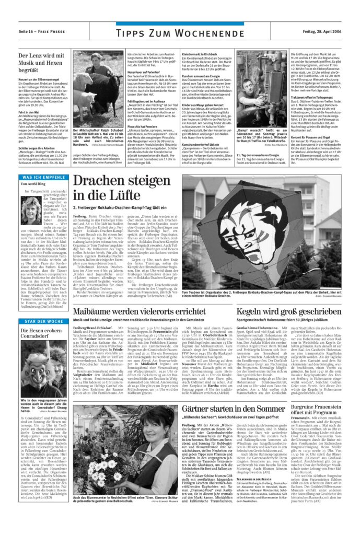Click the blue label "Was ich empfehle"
tap(41, 178)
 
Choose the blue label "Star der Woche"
tap(41, 320)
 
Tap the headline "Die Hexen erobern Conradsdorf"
tap(41, 334)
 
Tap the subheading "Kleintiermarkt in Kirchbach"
tap(199, 54)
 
